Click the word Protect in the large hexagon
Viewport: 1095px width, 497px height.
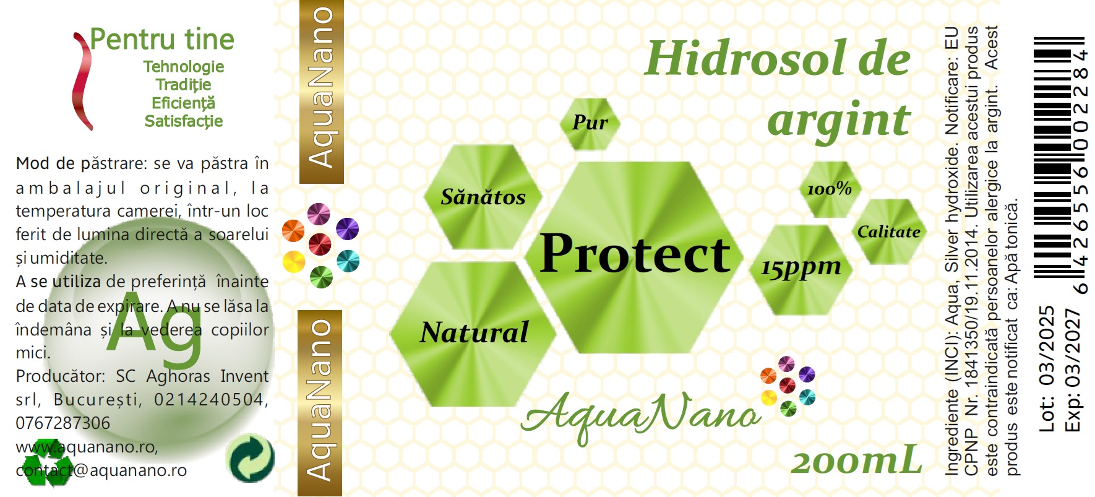[x=635, y=253]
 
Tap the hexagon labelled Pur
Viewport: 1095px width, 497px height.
[x=590, y=123]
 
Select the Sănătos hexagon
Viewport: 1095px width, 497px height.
[x=483, y=197]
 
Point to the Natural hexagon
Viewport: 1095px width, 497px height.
[x=473, y=333]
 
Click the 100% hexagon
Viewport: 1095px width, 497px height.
[x=830, y=189]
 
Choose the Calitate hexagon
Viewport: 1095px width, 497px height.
[x=889, y=231]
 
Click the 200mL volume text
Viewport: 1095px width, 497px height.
[x=856, y=461]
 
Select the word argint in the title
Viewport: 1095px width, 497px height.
[x=839, y=120]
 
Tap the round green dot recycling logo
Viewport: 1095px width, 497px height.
[x=250, y=458]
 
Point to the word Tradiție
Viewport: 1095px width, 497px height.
[x=183, y=85]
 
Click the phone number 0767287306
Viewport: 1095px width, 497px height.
[x=62, y=423]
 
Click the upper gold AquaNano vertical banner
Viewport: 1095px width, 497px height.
[x=321, y=92]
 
